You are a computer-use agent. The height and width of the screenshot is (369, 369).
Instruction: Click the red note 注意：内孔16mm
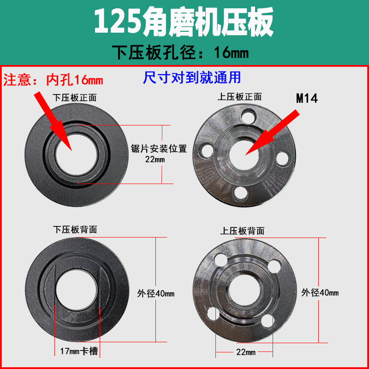click(54, 80)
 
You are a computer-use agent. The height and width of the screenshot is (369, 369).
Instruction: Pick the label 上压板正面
click(239, 97)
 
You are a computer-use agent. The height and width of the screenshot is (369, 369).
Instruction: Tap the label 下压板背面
click(75, 229)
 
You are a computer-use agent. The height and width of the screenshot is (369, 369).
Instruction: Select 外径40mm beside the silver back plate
click(320, 292)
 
